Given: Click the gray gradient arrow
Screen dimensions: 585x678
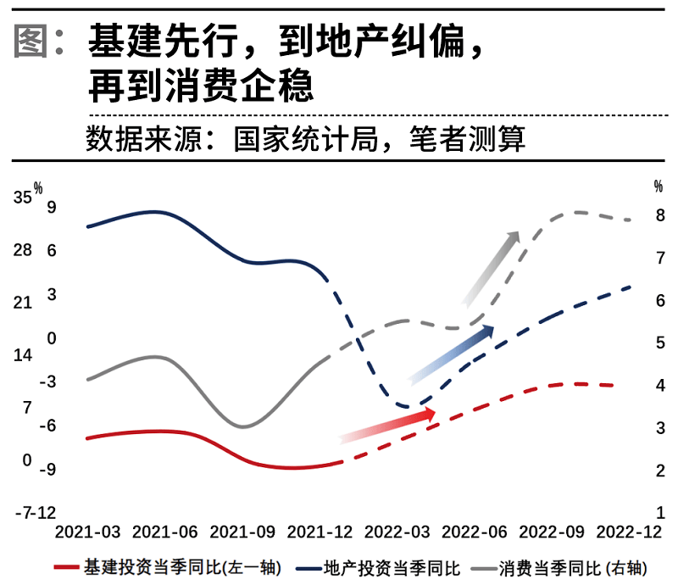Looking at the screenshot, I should [491, 267].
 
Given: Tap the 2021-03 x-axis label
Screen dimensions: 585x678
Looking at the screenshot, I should [87, 532].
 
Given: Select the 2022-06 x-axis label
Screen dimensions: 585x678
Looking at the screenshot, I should [474, 532].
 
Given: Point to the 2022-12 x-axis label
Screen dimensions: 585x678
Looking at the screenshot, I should [628, 532].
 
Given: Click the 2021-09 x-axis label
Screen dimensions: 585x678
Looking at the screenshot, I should [242, 532].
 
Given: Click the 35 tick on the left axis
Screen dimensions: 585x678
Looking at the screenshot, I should [22, 198].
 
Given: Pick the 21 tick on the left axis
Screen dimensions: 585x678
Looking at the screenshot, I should [22, 303].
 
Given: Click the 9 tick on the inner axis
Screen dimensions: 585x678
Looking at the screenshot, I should [52, 207].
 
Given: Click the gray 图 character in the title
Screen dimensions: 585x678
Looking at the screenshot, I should [31, 42].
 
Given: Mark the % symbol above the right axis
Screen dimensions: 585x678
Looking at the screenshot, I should [659, 186].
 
